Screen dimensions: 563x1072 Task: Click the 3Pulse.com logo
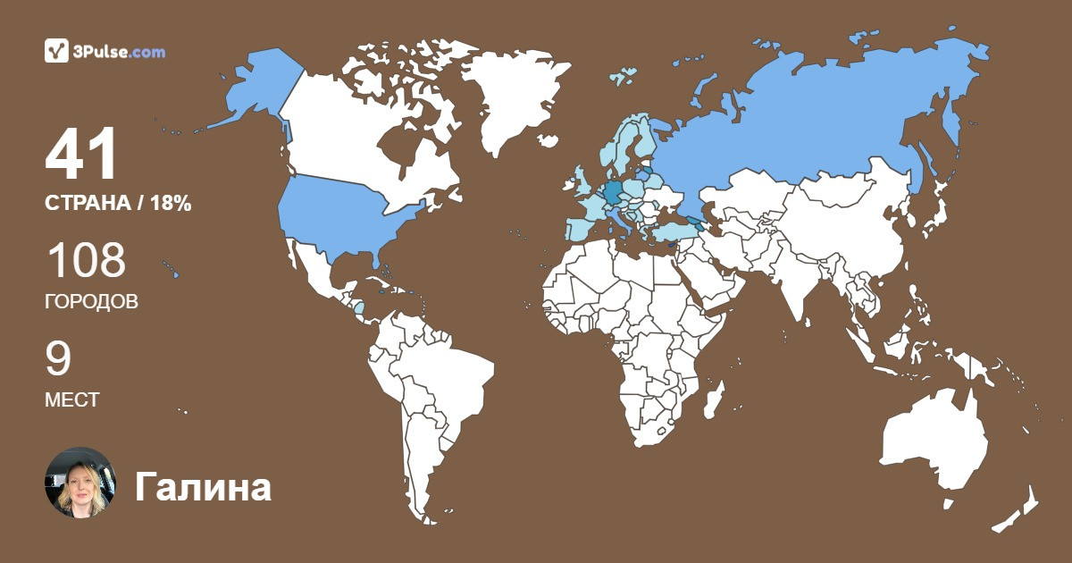click(x=105, y=52)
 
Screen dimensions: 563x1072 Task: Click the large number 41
click(x=82, y=155)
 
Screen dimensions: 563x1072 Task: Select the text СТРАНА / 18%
click(x=118, y=203)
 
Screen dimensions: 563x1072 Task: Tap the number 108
click(x=86, y=261)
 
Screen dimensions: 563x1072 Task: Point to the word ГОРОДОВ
click(x=91, y=302)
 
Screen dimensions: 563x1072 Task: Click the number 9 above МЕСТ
click(x=58, y=359)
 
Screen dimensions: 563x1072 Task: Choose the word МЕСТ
click(x=71, y=400)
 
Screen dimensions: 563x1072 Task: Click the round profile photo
click(x=80, y=483)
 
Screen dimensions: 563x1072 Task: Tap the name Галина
click(x=203, y=488)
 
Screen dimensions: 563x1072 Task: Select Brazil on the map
click(x=447, y=375)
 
